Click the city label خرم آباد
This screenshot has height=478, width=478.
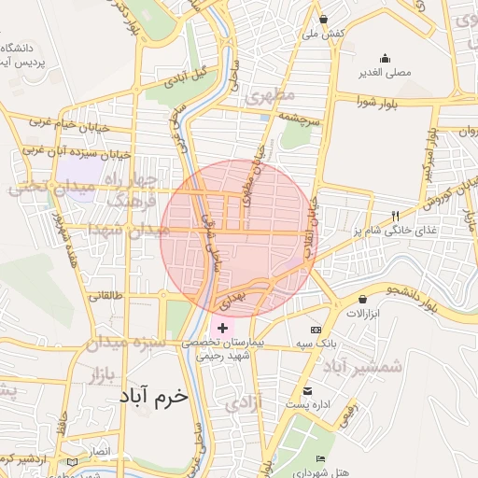click(153, 397)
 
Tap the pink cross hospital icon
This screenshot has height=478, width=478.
click(222, 328)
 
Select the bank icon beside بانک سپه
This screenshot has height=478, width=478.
click(316, 330)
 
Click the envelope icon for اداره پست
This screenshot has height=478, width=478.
click(308, 390)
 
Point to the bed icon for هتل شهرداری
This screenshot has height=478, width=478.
click(321, 459)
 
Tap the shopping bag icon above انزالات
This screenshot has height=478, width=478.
click(362, 299)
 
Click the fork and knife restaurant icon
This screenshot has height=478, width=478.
click(396, 216)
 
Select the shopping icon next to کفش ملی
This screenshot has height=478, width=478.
click(323, 19)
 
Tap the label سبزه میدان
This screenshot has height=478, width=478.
click(127, 343)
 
